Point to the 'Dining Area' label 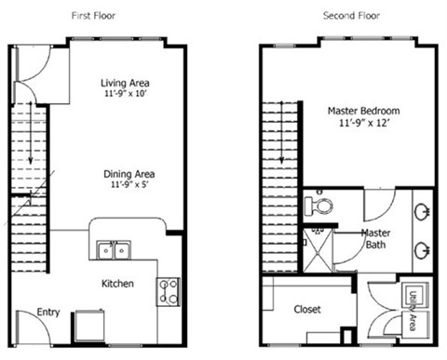129,173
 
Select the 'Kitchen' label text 116,283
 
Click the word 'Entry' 48,313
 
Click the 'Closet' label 307,309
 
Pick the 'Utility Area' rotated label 413,308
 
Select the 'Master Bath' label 375,238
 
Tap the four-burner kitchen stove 169,291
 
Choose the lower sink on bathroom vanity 422,249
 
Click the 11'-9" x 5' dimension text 129,186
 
